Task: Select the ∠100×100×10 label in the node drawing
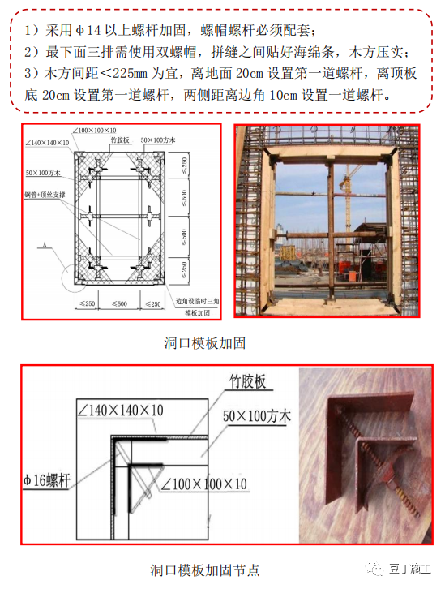pos(203,484)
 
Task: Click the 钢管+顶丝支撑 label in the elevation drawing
pos(43,196)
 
